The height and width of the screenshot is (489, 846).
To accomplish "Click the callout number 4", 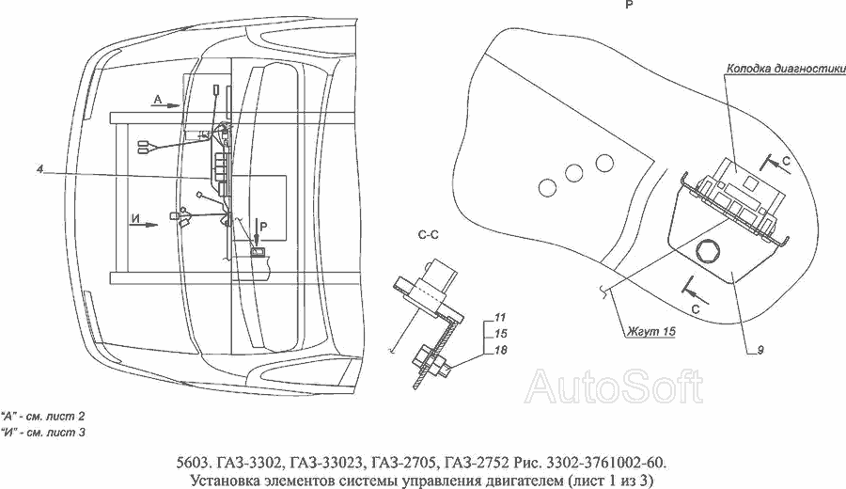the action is (x=39, y=169).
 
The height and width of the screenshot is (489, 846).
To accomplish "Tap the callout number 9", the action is (x=760, y=350).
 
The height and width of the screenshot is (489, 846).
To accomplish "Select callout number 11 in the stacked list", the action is (x=500, y=317).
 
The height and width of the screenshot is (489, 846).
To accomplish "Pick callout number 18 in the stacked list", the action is (x=500, y=350).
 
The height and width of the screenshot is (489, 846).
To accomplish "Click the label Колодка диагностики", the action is (x=786, y=69).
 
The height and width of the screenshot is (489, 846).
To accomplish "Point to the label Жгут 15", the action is (x=650, y=331).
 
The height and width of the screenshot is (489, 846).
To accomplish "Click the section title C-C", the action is (x=429, y=235).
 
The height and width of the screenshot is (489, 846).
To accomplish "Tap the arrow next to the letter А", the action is (x=165, y=106).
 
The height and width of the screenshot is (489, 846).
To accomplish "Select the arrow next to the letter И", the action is (x=145, y=225).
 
